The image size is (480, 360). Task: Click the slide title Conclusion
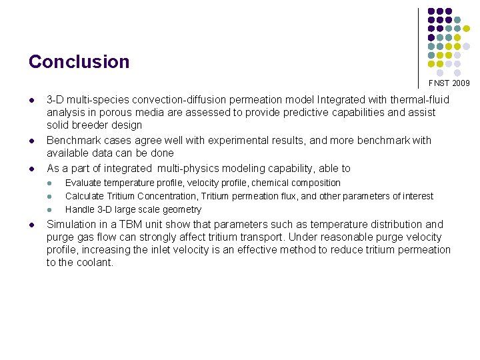pyautogui.click(x=79, y=62)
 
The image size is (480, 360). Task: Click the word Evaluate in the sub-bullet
pyautogui.click(x=84, y=183)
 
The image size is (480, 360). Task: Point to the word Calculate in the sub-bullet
pyautogui.click(x=85, y=196)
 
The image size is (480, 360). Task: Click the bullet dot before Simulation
pyautogui.click(x=31, y=225)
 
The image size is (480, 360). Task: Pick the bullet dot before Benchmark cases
pyautogui.click(x=31, y=141)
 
